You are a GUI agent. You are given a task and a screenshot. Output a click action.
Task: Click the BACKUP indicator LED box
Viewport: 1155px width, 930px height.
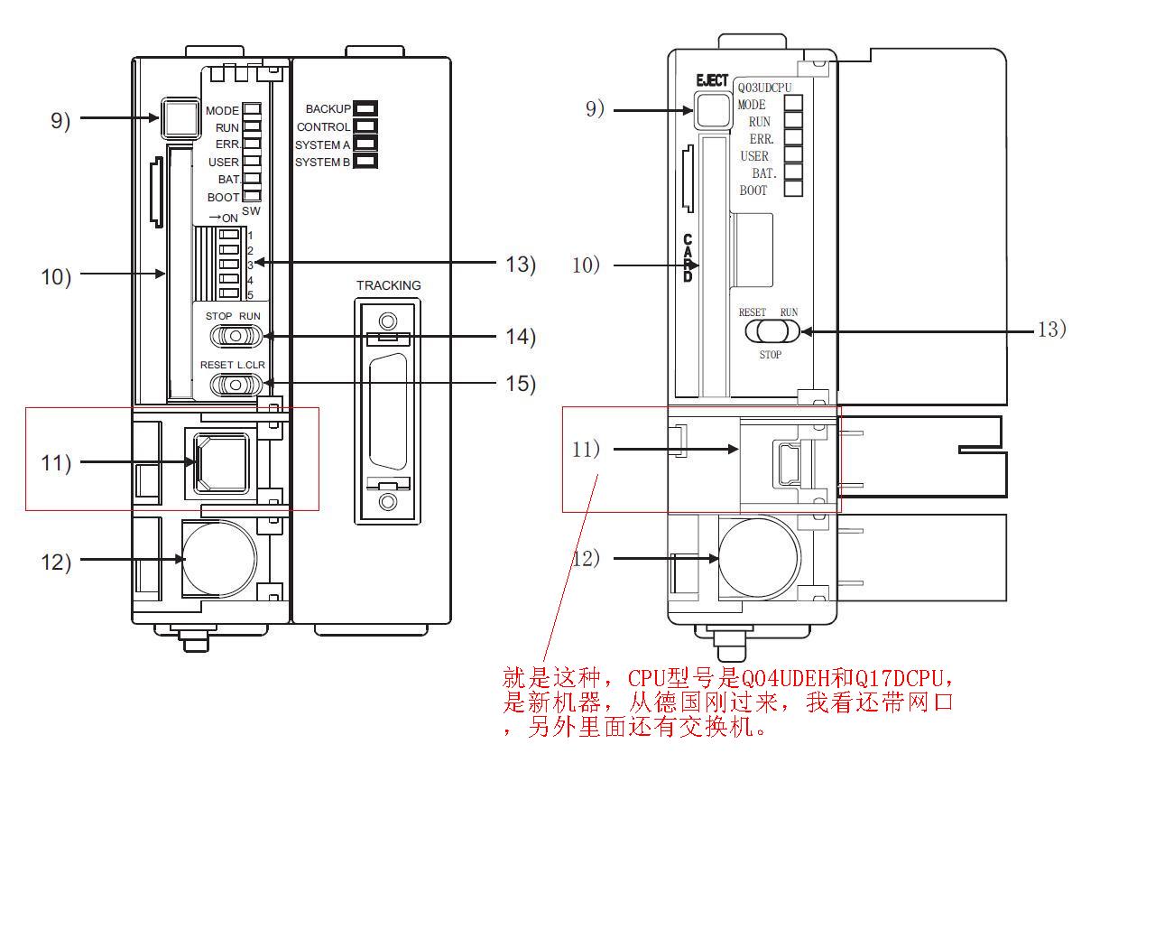(365, 109)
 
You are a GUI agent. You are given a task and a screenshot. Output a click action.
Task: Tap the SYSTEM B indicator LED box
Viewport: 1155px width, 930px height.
(365, 162)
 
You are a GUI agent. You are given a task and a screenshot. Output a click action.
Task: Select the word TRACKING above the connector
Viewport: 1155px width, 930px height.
(388, 285)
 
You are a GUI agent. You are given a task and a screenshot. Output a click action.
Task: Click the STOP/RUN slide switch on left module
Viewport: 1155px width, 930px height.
(236, 336)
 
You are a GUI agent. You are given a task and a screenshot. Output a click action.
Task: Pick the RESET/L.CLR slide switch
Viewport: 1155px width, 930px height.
(236, 385)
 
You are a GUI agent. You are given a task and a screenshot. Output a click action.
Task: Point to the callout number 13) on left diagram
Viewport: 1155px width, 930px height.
(521, 264)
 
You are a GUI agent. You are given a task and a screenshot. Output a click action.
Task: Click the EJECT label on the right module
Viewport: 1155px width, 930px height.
(711, 81)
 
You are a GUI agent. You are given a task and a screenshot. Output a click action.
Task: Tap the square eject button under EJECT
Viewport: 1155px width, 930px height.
(712, 109)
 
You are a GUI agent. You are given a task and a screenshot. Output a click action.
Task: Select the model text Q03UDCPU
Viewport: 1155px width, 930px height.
(765, 88)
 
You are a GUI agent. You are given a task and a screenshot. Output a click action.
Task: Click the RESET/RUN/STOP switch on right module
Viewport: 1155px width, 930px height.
(772, 331)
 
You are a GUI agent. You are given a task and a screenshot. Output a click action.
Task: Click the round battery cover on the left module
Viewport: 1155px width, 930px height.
(219, 558)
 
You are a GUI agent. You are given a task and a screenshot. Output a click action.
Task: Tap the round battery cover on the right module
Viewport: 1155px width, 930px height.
(759, 557)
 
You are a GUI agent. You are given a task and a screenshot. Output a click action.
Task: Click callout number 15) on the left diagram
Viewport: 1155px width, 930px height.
(521, 383)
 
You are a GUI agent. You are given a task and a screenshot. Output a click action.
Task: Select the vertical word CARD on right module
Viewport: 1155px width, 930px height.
(688, 258)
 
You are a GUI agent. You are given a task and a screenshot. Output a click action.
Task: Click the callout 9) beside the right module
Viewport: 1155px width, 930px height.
(595, 109)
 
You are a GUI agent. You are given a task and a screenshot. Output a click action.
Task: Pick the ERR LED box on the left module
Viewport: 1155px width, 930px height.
(252, 144)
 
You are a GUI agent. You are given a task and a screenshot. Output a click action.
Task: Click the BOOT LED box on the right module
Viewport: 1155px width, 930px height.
(793, 190)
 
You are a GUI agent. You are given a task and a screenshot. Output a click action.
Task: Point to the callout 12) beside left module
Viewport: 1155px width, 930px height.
(56, 562)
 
